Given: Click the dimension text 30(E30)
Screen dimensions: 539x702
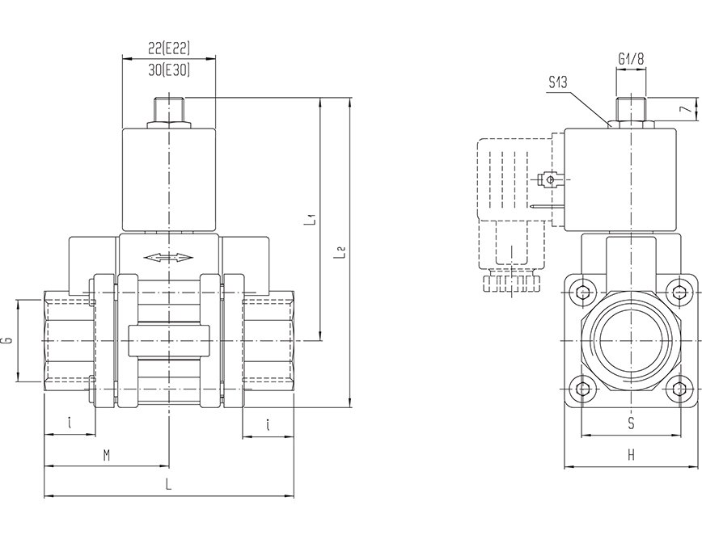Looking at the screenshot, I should (169, 69).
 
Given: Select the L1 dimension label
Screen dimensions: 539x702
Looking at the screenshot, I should (312, 218).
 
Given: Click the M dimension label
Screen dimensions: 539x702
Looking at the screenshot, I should (106, 456).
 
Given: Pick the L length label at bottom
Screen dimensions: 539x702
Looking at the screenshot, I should (168, 486).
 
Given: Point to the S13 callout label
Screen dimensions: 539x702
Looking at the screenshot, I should (559, 82).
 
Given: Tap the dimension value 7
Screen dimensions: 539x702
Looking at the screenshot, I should (683, 108).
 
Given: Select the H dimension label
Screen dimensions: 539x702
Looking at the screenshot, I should (630, 456).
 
